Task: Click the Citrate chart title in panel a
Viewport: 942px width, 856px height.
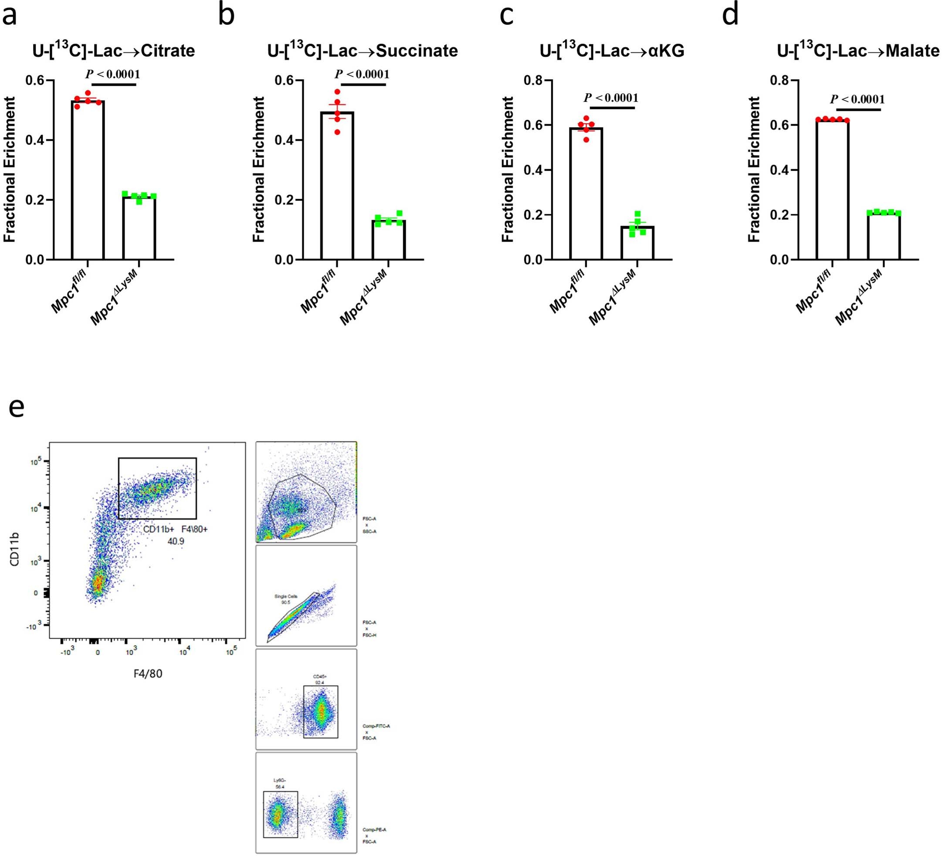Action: pyautogui.click(x=114, y=51)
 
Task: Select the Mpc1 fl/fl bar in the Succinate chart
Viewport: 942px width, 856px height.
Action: pyautogui.click(x=337, y=187)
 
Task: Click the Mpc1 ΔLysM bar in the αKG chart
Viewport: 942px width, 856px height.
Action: pyautogui.click(x=637, y=243)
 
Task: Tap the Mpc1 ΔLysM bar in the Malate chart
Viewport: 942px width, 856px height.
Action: pyautogui.click(x=884, y=236)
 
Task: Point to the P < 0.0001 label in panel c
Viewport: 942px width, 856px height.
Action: pyautogui.click(x=611, y=98)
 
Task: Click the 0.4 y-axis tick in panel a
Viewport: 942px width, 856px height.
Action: pyautogui.click(x=35, y=140)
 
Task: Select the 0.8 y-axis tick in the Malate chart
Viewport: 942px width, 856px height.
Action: pyautogui.click(x=779, y=80)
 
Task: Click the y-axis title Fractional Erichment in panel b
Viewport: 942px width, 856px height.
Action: pyautogui.click(x=258, y=169)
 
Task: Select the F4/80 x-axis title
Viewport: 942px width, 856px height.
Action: pyautogui.click(x=147, y=673)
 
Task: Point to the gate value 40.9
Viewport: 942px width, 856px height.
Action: pyautogui.click(x=176, y=541)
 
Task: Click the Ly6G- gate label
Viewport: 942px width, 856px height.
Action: pyautogui.click(x=279, y=780)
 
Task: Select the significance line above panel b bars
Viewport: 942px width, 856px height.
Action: pyautogui.click(x=363, y=85)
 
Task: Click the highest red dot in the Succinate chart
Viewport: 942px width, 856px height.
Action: pyautogui.click(x=337, y=92)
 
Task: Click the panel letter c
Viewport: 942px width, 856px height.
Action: pyautogui.click(x=507, y=15)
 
